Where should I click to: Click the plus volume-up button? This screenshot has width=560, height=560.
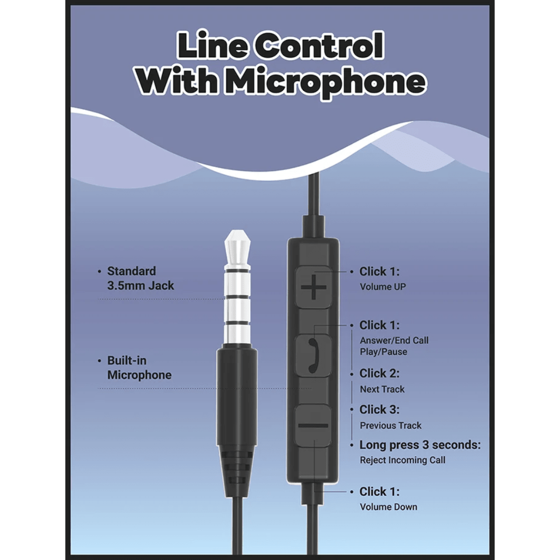[x=313, y=287]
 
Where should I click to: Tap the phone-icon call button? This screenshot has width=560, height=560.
[x=313, y=355]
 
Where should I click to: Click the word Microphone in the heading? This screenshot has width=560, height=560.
[x=327, y=82]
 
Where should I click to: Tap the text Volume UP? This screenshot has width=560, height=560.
[x=383, y=287]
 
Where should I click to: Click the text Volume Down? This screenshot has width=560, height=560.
[x=388, y=507]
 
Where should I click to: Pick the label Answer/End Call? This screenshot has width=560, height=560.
[x=394, y=340]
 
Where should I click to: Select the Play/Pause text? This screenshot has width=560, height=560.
[x=384, y=352]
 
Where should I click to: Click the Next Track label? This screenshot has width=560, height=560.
[x=382, y=389]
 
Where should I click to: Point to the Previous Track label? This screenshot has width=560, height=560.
[x=391, y=425]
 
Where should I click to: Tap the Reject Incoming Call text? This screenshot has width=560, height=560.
[x=402, y=460]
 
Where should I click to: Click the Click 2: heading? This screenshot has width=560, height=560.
[x=379, y=373]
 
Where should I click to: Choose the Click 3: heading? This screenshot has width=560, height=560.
[x=379, y=409]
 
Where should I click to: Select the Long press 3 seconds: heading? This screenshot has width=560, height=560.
[x=420, y=445]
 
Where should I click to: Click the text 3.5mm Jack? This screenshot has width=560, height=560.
[x=141, y=285]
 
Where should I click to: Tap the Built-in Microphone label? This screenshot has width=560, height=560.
[x=139, y=368]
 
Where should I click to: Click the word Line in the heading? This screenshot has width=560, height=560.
[x=213, y=45]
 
